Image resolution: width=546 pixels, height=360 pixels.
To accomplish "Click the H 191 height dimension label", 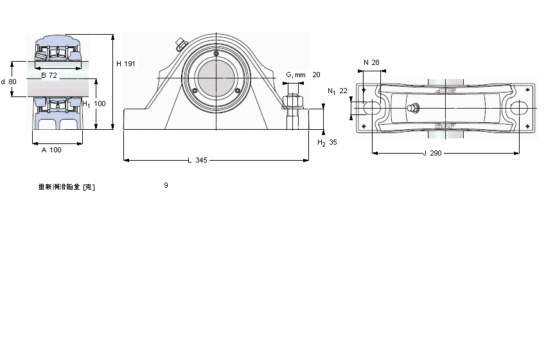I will click(125, 64).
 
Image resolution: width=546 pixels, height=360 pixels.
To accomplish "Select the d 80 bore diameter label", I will click(9, 82).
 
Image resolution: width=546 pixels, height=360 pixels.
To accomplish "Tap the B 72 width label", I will click(49, 75).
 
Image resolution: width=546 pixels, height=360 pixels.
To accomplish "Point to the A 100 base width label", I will click(51, 150).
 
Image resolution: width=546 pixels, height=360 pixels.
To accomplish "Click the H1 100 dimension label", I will click(94, 104).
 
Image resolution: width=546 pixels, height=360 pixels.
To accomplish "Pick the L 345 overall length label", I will click(197, 160).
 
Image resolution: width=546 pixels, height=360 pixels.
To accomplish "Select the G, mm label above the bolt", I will click(295, 75).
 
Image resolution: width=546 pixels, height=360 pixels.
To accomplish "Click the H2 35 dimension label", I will click(327, 142).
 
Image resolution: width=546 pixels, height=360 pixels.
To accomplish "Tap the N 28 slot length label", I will click(371, 62).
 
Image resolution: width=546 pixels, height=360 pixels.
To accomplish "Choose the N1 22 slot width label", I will click(337, 91).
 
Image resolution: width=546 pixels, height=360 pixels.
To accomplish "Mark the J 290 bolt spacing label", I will click(433, 153).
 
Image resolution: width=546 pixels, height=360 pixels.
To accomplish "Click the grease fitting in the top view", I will click(414, 108).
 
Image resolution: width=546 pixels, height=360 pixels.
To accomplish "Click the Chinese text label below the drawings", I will click(67, 187).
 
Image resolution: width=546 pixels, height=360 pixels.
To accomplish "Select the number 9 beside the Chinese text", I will click(166, 185).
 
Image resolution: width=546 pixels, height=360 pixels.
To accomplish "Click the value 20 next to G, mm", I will click(316, 75).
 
